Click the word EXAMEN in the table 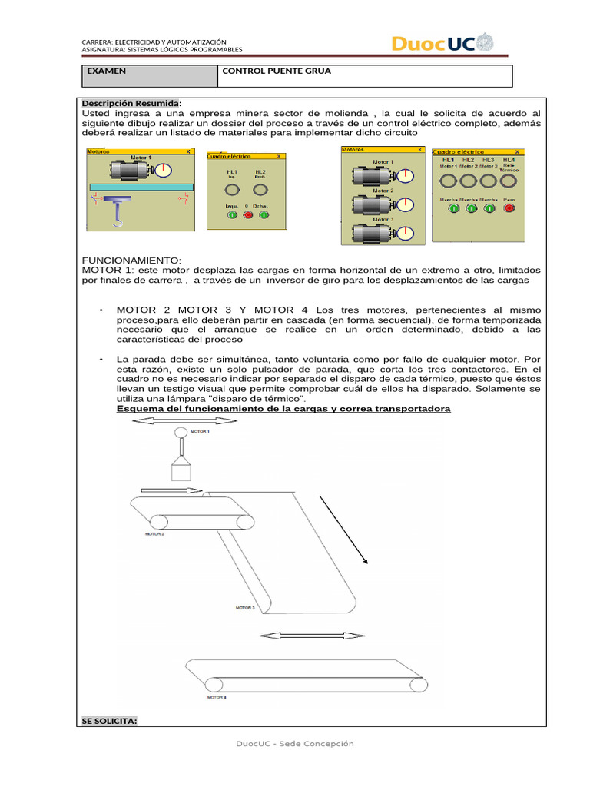107,71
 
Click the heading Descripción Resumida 131,103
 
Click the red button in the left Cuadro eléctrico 247,214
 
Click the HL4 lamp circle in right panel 508,181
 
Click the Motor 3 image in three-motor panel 373,233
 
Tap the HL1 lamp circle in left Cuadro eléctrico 233,189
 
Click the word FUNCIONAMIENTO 131,261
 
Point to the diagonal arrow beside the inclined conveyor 344,530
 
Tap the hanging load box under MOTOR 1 181,470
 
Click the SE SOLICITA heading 109,721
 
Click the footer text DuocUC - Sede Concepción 295,744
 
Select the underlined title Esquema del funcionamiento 283,409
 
